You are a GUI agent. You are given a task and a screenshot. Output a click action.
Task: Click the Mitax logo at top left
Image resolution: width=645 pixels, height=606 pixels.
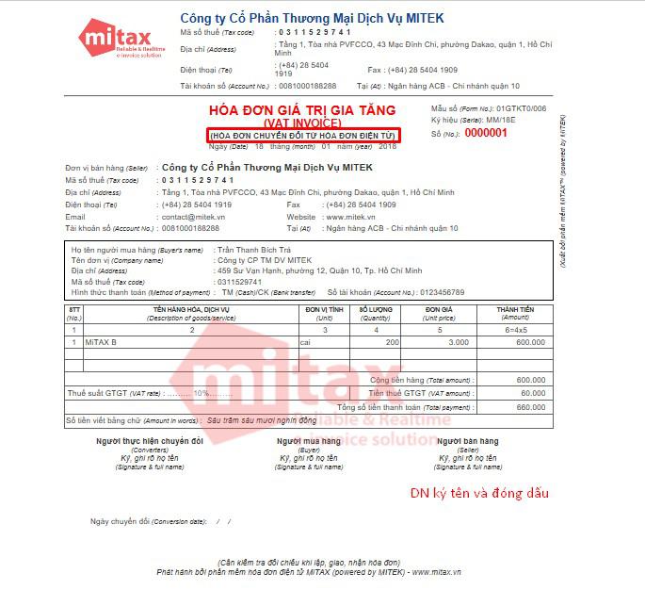click(110, 41)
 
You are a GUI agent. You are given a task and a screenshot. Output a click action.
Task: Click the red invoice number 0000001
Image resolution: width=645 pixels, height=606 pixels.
click(486, 133)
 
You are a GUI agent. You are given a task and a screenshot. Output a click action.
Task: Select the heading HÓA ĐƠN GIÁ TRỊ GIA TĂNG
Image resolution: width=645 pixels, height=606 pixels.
click(303, 110)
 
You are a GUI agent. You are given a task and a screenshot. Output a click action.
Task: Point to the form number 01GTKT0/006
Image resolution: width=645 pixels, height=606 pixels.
click(521, 109)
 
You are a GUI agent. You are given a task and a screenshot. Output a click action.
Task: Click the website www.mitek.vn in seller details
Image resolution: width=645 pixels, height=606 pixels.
click(355, 217)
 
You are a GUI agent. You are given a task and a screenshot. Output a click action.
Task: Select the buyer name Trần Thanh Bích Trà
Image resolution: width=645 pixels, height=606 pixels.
click(253, 250)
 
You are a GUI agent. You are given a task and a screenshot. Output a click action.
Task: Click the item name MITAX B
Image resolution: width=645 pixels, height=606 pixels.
click(101, 342)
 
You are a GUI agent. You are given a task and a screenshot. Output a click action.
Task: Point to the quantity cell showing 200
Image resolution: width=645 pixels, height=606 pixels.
click(392, 342)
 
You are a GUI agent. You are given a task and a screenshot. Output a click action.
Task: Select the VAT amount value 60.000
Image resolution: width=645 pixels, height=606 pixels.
click(532, 392)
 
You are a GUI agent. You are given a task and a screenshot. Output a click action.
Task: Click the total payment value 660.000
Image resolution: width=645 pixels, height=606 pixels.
click(530, 407)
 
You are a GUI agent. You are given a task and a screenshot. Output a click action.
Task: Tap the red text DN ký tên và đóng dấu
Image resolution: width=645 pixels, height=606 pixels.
click(478, 493)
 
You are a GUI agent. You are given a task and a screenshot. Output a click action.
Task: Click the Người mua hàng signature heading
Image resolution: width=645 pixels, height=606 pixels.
click(308, 441)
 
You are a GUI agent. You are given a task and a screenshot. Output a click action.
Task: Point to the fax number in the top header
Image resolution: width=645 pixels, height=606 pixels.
click(412, 70)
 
